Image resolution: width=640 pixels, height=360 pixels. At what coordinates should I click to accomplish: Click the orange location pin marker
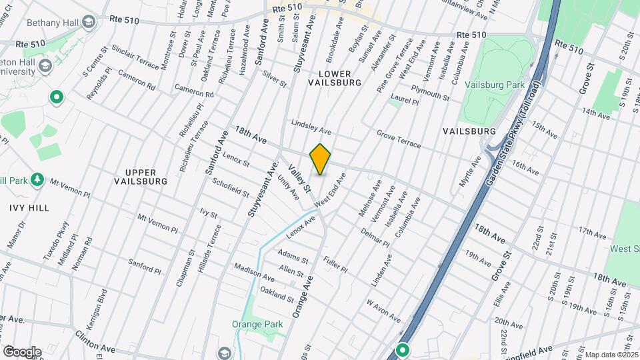[x=321, y=159]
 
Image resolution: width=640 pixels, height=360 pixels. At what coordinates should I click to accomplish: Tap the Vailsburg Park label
[x=504, y=87]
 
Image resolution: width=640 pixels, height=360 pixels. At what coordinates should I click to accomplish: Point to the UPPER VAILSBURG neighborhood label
[x=140, y=176]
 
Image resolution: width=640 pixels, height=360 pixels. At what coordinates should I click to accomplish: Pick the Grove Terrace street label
[x=399, y=139]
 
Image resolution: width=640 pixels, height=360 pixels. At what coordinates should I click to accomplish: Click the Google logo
[x=22, y=351]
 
